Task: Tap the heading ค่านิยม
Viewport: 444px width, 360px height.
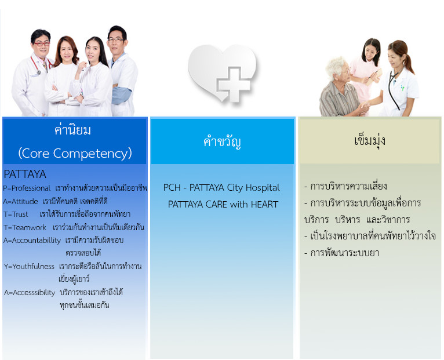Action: coord(73,130)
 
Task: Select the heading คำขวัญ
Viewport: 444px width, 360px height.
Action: coord(222,141)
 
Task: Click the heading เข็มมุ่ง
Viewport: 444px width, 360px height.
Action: coord(370,140)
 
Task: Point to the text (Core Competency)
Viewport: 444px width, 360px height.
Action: coord(75,153)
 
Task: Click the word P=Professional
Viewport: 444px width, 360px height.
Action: coord(27,188)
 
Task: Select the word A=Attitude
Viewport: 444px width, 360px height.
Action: coord(20,201)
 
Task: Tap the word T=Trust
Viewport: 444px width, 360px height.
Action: coord(16,214)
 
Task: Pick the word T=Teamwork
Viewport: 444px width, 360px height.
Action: coord(25,227)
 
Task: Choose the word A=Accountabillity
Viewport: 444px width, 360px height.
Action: coord(32,241)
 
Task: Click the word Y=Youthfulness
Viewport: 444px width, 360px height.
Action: coord(29,267)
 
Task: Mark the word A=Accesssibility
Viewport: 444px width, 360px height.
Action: coord(30,293)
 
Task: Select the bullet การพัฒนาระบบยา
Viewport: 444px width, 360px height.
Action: coord(342,253)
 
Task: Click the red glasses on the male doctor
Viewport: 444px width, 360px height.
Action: coord(42,44)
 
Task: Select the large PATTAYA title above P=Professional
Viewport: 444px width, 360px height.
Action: coord(25,174)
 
